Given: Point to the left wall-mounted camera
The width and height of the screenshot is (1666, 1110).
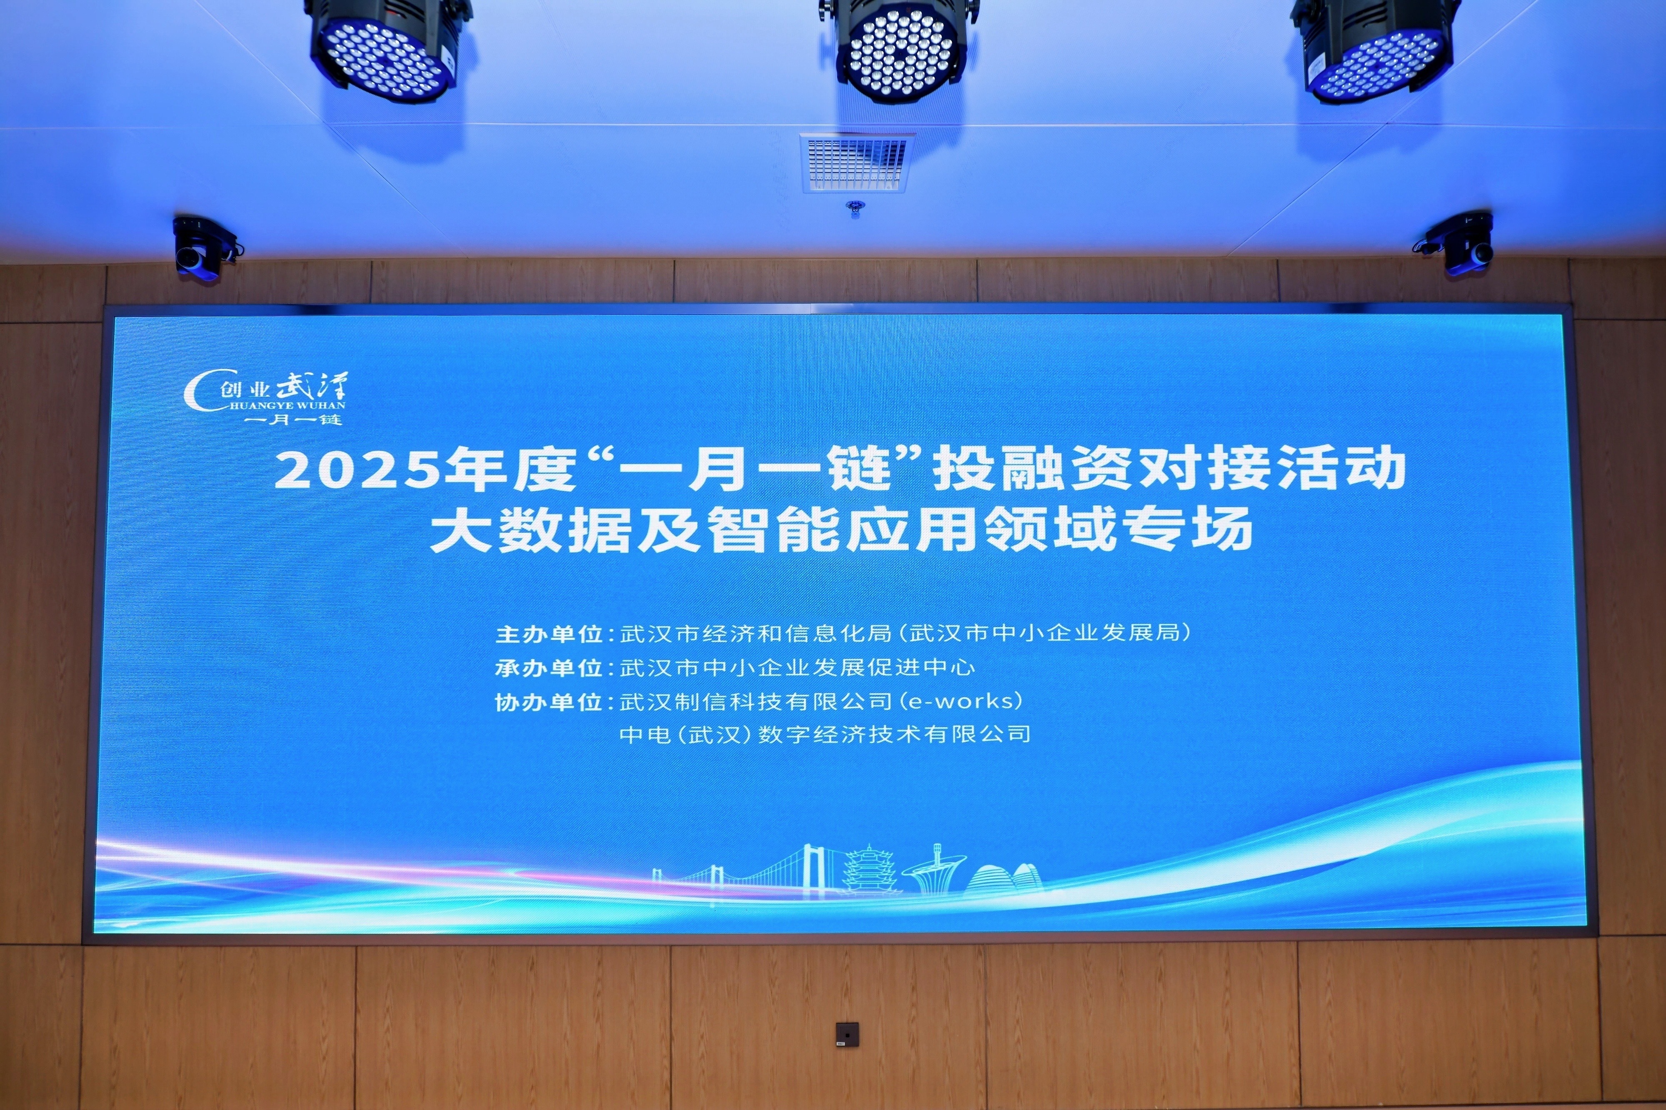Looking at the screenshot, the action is tap(203, 248).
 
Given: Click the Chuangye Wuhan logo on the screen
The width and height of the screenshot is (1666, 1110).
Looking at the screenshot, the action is tap(265, 399).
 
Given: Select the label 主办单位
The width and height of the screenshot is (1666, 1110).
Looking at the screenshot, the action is tap(549, 634).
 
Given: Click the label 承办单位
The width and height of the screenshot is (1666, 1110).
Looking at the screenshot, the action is tap(549, 668).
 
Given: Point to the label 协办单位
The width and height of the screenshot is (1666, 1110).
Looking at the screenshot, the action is tap(549, 701).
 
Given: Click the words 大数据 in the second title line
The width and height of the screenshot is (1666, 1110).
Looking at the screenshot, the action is tap(530, 529).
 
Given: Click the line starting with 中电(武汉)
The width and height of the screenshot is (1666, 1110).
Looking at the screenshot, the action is tap(825, 734).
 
